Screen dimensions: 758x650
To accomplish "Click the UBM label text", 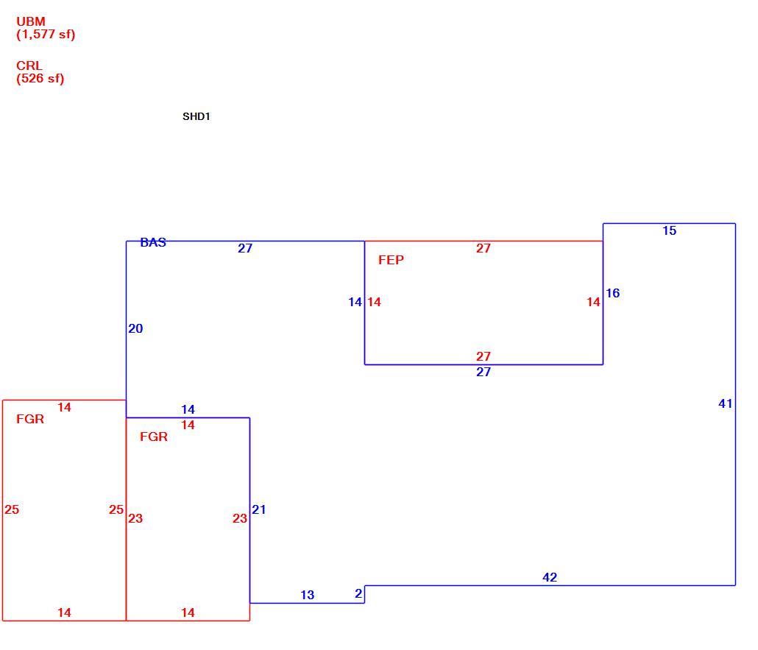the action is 31,22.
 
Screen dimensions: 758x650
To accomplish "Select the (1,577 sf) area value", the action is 46,35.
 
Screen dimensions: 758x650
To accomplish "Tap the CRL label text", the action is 29,66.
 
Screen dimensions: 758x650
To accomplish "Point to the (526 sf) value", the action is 40,79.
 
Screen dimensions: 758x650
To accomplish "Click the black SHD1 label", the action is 196,116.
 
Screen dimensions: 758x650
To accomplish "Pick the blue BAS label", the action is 153,243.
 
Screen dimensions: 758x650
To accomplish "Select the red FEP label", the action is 391,260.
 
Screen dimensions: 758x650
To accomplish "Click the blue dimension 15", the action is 670,230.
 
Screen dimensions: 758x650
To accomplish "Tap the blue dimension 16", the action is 612,293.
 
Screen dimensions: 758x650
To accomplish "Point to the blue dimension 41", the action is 725,404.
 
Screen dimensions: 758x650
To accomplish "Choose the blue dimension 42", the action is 550,577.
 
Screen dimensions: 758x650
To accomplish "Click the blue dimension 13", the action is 308,596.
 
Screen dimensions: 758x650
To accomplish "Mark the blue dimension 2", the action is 358,594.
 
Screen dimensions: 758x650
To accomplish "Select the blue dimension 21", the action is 258,509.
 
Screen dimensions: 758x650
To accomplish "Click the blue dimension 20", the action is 135,329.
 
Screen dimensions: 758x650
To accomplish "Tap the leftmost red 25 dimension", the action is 12,509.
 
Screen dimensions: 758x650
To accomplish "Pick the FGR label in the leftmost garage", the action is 30,420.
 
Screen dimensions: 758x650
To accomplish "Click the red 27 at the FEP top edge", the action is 484,249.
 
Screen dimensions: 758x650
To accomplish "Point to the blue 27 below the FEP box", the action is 484,372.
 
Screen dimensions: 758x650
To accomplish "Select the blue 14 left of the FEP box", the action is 355,303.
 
